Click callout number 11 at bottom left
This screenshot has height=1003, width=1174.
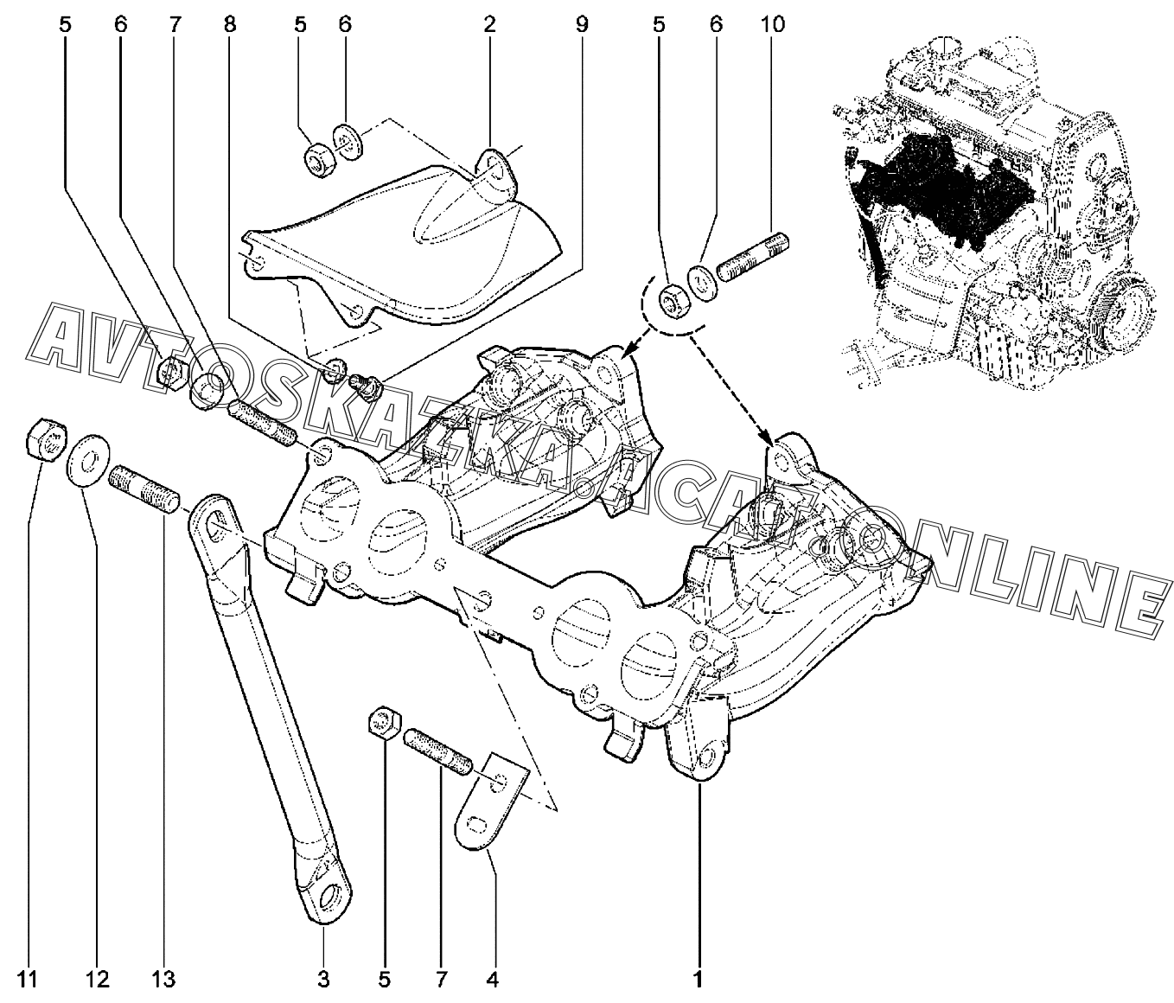(x=29, y=980)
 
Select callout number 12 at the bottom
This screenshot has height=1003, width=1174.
(x=97, y=980)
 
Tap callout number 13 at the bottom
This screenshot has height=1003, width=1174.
(x=163, y=980)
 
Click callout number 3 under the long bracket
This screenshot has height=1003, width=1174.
(x=324, y=980)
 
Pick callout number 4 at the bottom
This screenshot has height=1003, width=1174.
(x=493, y=980)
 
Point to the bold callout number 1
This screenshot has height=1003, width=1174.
(x=699, y=980)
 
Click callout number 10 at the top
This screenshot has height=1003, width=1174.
(x=773, y=24)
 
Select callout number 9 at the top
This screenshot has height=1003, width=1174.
(x=581, y=24)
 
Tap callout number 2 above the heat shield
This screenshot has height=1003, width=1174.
(x=490, y=24)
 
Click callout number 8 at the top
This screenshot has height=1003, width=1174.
(x=228, y=24)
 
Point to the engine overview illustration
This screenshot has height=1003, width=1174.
(x=994, y=208)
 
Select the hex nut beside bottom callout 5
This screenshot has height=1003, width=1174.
(x=383, y=723)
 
